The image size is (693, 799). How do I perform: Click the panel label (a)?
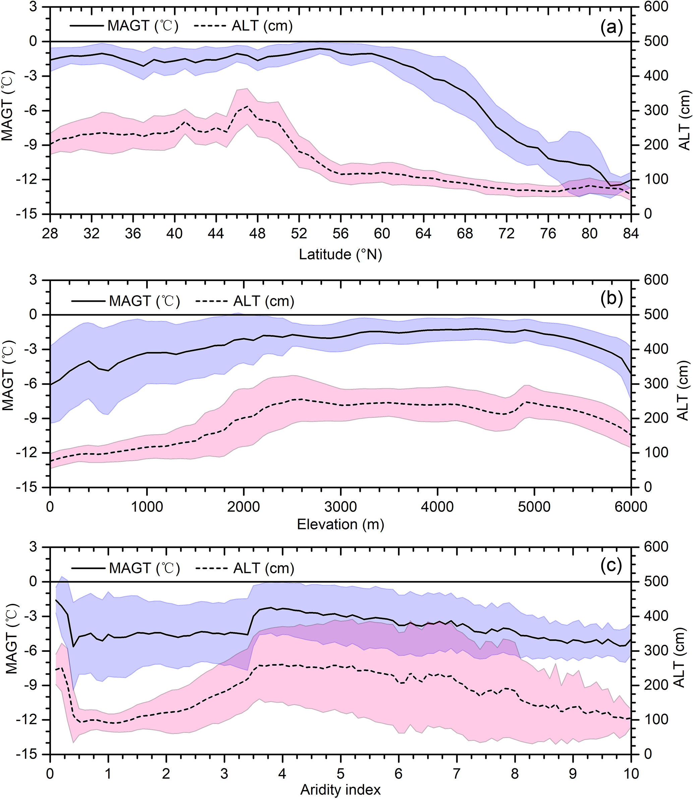[x=612, y=27]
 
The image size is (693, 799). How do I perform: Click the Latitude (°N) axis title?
[x=340, y=254]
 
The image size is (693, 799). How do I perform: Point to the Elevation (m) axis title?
[x=340, y=524]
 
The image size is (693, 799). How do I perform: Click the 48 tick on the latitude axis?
[x=257, y=234]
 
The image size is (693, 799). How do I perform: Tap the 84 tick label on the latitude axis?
[x=631, y=234]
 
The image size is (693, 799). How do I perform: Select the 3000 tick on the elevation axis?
[x=340, y=506]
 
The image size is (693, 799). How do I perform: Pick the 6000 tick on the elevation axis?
[x=631, y=506]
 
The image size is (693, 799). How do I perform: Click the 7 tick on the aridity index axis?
[x=457, y=773]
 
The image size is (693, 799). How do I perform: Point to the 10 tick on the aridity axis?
[x=631, y=773]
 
